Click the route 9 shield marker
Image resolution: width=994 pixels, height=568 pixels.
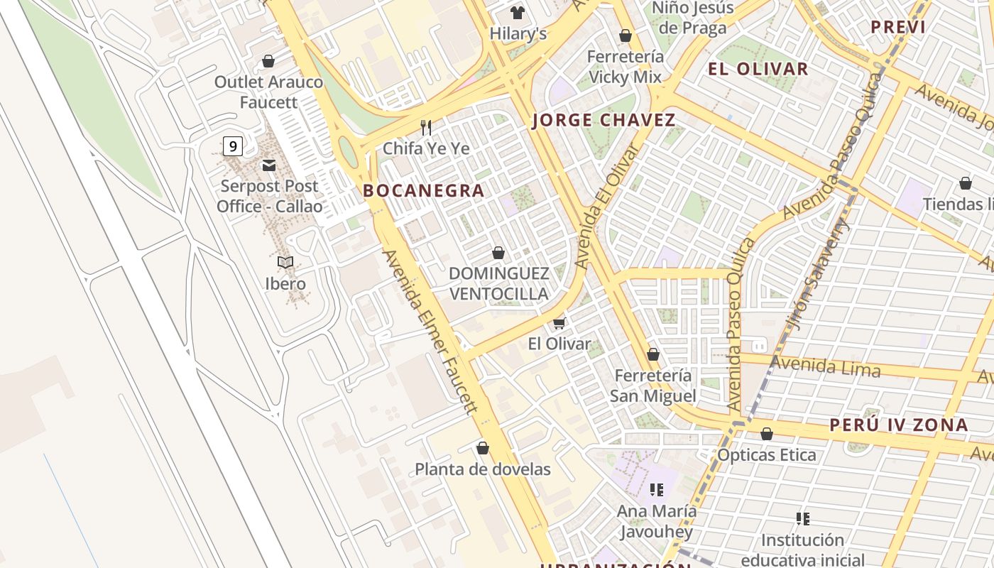(232, 147)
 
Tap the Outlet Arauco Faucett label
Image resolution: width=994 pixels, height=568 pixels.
(268, 92)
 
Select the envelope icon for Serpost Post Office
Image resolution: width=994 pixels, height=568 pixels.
(269, 165)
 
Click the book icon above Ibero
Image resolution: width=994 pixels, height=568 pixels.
(285, 263)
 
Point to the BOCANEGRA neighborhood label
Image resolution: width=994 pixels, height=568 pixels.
(424, 190)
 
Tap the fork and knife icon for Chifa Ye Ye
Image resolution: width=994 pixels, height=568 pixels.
(426, 127)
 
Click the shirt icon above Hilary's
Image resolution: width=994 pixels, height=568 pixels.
(518, 13)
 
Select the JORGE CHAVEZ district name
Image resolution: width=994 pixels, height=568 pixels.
(603, 120)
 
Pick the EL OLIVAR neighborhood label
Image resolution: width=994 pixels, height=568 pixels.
(758, 69)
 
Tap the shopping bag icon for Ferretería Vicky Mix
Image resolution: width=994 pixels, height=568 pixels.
(626, 35)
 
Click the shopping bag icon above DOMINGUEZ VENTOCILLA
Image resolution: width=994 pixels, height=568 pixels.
(498, 253)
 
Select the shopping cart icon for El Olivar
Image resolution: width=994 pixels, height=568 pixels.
(559, 323)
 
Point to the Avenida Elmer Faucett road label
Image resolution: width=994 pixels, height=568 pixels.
(429, 332)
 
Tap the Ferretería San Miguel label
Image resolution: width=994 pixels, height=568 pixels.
(652, 386)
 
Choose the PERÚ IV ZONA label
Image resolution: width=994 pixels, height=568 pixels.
(898, 425)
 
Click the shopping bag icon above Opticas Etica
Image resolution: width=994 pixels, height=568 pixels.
(766, 434)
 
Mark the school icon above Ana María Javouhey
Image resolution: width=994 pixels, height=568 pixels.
(657, 489)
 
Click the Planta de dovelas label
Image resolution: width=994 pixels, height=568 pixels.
(482, 469)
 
